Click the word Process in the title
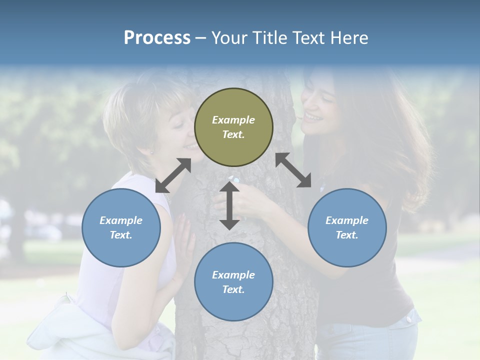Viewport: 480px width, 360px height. (x=157, y=38)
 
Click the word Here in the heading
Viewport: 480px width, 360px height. (x=349, y=38)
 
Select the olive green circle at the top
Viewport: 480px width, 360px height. (x=233, y=127)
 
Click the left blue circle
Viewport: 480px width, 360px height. (x=121, y=227)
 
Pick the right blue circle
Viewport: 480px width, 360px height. (x=347, y=227)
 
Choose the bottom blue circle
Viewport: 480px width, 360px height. (x=233, y=282)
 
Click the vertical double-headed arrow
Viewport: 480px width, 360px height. (x=229, y=205)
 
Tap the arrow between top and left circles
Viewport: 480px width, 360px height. (x=173, y=175)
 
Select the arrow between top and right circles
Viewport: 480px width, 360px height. (x=293, y=170)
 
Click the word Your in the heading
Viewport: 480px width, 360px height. (x=228, y=38)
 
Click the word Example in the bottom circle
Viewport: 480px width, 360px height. (x=233, y=275)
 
